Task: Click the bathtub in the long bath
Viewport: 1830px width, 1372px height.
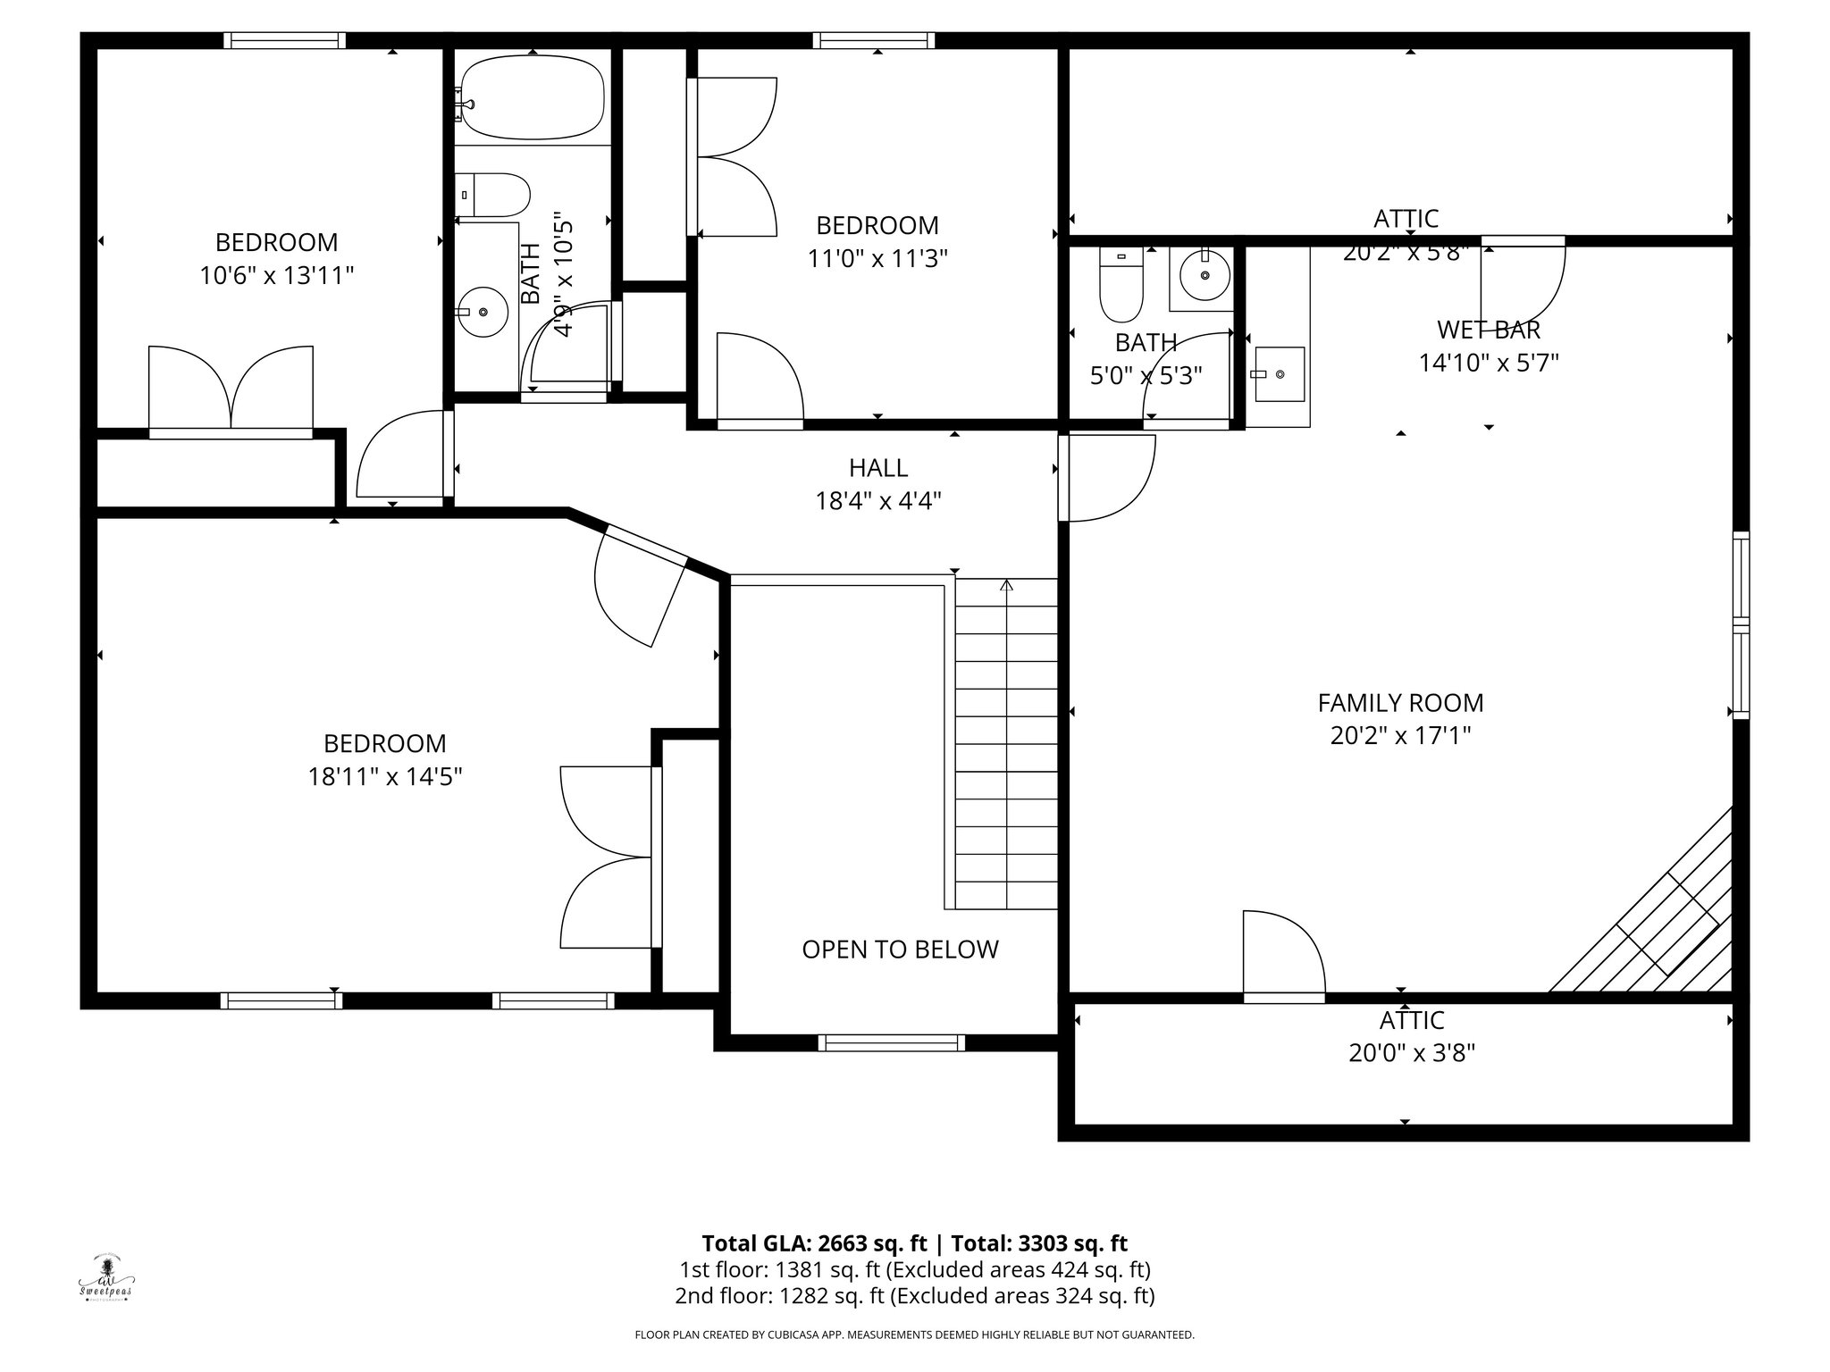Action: tap(533, 97)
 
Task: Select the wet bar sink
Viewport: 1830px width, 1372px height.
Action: tap(1279, 374)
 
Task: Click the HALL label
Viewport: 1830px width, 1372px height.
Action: tap(878, 467)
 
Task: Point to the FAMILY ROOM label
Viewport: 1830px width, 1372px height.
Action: tap(1400, 703)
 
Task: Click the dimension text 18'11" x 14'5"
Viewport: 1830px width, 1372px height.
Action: tap(384, 777)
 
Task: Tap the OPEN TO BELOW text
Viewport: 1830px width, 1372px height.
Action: tap(900, 950)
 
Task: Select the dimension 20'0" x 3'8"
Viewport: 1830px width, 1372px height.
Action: tap(1411, 1054)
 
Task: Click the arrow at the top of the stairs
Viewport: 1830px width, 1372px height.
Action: tap(1006, 586)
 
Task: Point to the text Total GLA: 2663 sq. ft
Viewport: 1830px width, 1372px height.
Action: tap(815, 1243)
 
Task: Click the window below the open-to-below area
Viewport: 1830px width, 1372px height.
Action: tap(891, 1042)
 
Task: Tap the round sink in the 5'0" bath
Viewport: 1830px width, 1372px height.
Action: tap(1205, 274)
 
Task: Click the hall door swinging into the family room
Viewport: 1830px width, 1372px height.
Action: tap(1105, 478)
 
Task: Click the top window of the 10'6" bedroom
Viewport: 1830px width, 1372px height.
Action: tap(284, 40)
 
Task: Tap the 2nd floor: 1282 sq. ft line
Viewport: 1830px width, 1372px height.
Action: tap(914, 1295)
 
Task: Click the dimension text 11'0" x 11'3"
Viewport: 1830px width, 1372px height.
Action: tap(877, 259)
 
